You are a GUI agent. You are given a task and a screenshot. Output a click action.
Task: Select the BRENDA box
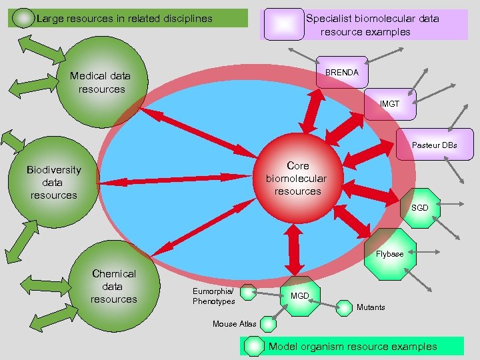coord(341,72)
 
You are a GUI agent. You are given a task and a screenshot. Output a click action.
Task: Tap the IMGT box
coord(389,104)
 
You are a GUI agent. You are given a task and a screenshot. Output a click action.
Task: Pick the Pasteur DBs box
coord(434,145)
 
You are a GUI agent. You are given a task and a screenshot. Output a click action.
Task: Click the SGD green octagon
coord(419,208)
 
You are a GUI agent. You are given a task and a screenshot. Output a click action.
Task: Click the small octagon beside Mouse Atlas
coord(268,324)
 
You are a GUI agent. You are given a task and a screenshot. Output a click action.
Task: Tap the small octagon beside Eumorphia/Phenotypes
coord(248,292)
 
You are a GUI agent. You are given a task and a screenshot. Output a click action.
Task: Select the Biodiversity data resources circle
coord(52,182)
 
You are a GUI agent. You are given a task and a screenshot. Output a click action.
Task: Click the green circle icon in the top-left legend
coord(24,18)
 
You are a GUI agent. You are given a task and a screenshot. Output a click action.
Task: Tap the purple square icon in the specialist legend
coord(283,24)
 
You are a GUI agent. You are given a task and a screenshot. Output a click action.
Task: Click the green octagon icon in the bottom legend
coord(255,346)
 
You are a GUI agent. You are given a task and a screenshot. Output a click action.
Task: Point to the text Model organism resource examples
coord(353,346)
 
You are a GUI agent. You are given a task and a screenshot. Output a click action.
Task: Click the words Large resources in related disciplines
coord(125,18)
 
